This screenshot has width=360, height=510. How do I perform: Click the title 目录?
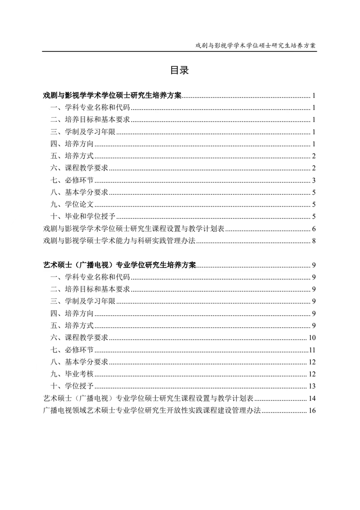(x=179, y=70)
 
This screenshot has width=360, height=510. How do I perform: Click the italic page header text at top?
(x=255, y=46)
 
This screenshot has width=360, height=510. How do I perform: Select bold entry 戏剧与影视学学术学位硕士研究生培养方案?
(x=112, y=95)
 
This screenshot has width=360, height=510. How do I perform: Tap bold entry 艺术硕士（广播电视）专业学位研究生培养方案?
(x=119, y=265)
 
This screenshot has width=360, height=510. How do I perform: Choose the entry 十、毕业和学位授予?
(x=84, y=216)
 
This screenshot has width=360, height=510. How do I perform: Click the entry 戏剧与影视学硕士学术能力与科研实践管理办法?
(x=119, y=241)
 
